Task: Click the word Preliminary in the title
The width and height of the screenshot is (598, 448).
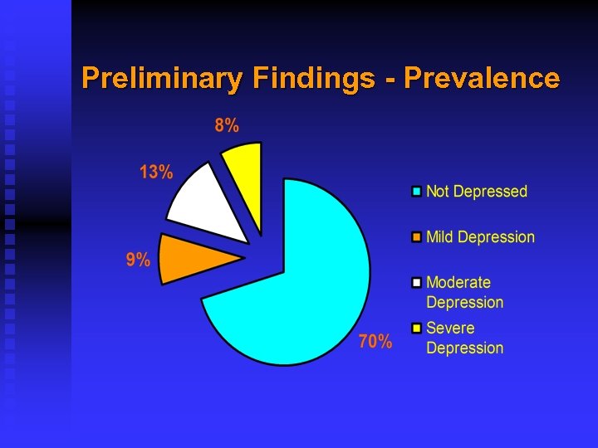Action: (161, 79)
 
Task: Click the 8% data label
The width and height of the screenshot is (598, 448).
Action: (227, 126)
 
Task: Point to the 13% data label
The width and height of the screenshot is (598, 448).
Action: (156, 173)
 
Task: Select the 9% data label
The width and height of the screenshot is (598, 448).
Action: (138, 260)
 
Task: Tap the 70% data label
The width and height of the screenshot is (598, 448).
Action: (375, 341)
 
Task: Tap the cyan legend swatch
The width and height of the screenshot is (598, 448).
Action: (417, 192)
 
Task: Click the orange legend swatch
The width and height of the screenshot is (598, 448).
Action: (417, 237)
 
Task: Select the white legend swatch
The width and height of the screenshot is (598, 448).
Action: (417, 283)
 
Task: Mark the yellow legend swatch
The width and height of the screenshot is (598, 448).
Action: (417, 329)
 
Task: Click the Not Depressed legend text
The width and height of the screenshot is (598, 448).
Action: (477, 192)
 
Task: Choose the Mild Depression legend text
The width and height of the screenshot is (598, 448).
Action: (480, 237)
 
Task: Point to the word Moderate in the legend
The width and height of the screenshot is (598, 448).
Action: (458, 283)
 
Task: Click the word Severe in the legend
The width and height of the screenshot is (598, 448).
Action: (449, 329)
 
